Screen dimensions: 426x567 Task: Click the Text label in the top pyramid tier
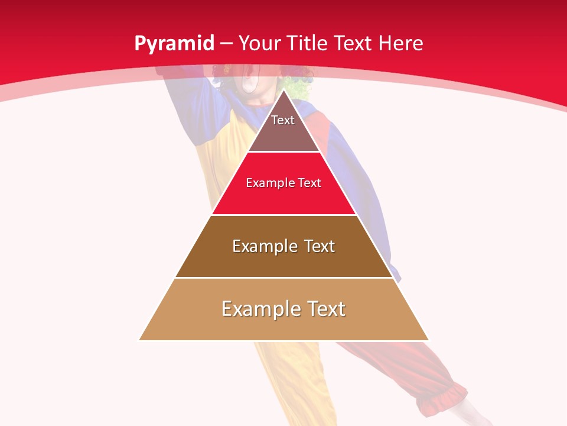(283, 120)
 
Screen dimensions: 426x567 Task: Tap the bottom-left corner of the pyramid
(140, 340)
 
